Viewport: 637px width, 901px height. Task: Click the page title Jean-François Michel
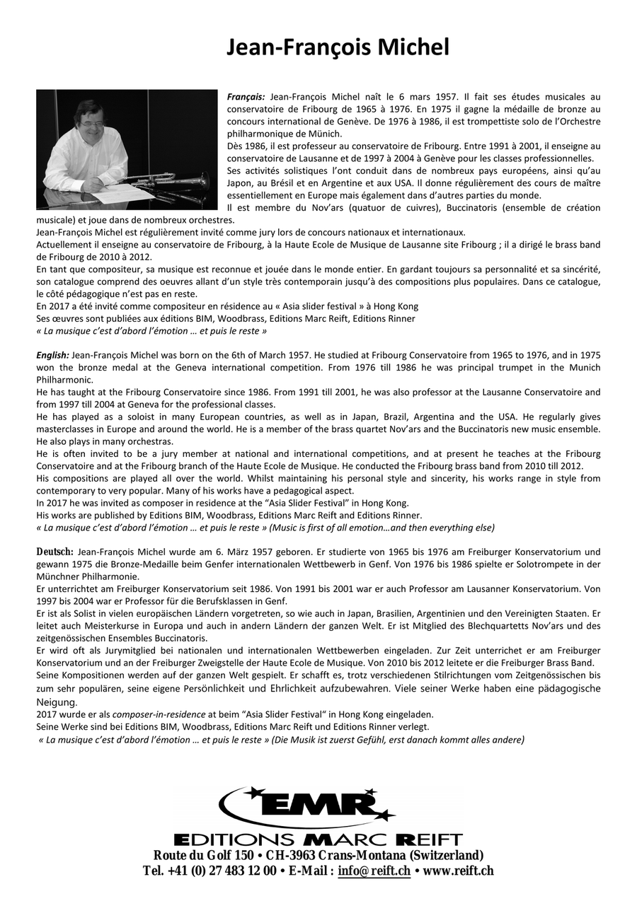[338, 47]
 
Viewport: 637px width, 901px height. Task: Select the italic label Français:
[246, 95]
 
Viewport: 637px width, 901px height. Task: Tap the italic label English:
[52, 354]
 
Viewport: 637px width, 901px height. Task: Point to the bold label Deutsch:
[55, 551]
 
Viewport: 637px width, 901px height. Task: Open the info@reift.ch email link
[374, 871]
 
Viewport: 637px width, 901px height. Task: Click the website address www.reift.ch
[458, 871]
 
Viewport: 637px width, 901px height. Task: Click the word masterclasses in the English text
[69, 429]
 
